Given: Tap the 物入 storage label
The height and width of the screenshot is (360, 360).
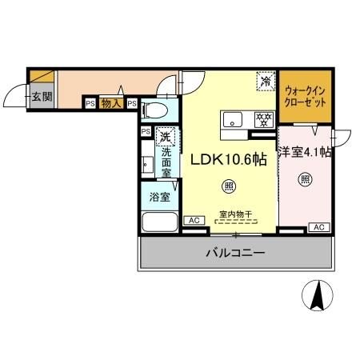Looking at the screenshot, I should (112, 102).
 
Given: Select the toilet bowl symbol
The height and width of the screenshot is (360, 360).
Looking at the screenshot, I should (158, 107).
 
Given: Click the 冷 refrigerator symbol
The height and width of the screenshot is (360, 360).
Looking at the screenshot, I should (265, 81).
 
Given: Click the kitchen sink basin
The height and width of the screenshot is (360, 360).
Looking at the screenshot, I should (231, 120).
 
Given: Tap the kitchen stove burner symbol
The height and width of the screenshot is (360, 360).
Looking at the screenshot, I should (261, 120).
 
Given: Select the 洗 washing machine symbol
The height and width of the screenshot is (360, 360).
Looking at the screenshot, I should (166, 135).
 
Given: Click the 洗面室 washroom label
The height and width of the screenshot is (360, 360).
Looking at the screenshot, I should (166, 162).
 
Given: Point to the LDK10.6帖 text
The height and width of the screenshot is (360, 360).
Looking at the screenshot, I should (228, 159).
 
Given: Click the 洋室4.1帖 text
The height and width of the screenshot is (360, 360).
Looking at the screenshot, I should (305, 152).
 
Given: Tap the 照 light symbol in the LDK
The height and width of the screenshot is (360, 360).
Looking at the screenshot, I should (230, 187).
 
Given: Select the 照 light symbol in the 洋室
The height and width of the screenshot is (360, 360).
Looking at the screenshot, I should (304, 179).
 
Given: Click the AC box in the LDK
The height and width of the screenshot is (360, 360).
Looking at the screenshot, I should (193, 220).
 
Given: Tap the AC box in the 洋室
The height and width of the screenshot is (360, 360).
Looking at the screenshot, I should (318, 227).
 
